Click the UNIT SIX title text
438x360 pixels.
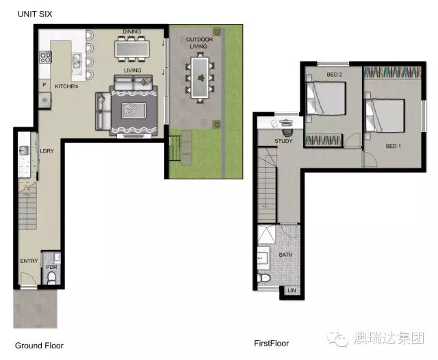tap(35, 14)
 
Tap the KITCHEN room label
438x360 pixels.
tap(66, 86)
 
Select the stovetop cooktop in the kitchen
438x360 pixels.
tap(45, 57)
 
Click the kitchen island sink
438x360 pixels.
tap(77, 61)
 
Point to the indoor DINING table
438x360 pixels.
tap(132, 49)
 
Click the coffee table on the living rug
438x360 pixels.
tap(134, 110)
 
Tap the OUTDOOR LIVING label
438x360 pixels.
tap(199, 42)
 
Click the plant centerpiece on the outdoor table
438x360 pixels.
tap(201, 77)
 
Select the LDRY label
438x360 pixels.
tap(47, 151)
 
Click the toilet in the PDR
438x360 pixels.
tap(52, 278)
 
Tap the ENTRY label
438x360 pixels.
tap(29, 261)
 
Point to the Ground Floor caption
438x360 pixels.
tap(39, 346)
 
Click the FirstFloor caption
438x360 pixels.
tap(271, 344)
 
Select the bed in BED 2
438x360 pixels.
tap(326, 99)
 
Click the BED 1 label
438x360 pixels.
tap(393, 146)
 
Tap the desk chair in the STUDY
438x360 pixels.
tap(287, 131)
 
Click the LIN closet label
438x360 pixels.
tap(292, 290)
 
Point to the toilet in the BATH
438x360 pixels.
tap(263, 278)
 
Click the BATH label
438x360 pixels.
tap(286, 255)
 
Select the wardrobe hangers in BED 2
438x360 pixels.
tap(323, 140)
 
